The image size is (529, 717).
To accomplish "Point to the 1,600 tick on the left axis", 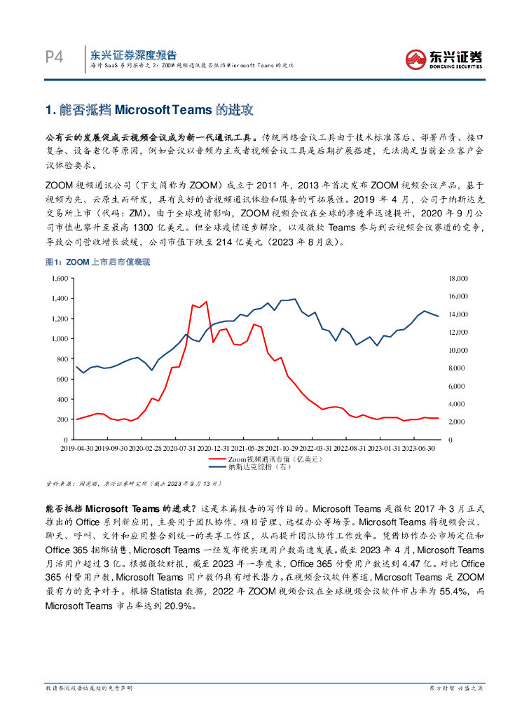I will tap(60, 278).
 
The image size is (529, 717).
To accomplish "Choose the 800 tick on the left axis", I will tap(62, 358).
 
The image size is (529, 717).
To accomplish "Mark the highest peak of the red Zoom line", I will tap(206, 302).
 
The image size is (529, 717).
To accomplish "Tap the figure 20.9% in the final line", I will tap(176, 605).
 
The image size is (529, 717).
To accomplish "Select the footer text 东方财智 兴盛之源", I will tap(455, 689).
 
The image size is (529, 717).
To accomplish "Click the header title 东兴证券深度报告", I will tap(134, 54).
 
